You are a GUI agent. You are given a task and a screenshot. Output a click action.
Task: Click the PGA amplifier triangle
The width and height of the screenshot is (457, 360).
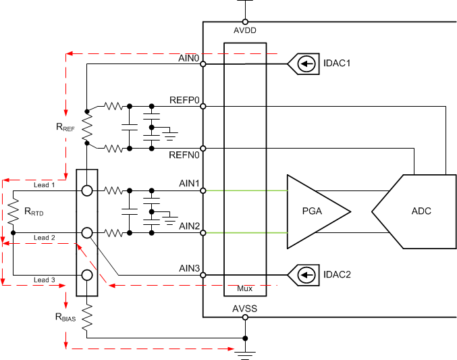coord(314,211)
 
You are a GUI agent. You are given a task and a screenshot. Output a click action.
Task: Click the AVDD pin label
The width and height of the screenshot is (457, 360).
coord(245,30)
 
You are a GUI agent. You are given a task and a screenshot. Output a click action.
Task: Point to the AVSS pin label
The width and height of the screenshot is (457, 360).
coord(245,309)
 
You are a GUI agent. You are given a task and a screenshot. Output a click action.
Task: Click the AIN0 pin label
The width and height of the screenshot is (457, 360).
coord(189,58)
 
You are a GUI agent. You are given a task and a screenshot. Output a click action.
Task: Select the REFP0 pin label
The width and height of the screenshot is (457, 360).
coord(185,100)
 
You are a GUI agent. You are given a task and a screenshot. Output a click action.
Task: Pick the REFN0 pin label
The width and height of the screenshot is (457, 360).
coord(185,155)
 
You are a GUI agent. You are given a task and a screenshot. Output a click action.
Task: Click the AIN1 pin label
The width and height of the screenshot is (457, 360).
coord(189,184)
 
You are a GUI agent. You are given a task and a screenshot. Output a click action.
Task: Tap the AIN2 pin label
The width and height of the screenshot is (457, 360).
coord(189,226)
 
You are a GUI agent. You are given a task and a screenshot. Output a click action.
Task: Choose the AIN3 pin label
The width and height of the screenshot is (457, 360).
coord(189,268)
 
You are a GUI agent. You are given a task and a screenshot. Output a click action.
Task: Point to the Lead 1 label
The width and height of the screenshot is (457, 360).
coord(44,184)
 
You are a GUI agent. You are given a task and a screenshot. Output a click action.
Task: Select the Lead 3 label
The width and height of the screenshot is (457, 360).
coord(44,280)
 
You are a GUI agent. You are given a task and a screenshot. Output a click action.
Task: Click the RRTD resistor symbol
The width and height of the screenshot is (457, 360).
coord(13,212)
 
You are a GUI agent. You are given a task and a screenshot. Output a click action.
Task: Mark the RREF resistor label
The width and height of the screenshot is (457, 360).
coord(65,127)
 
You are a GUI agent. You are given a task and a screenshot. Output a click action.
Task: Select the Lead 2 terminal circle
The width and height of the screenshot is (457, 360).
coord(87,233)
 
